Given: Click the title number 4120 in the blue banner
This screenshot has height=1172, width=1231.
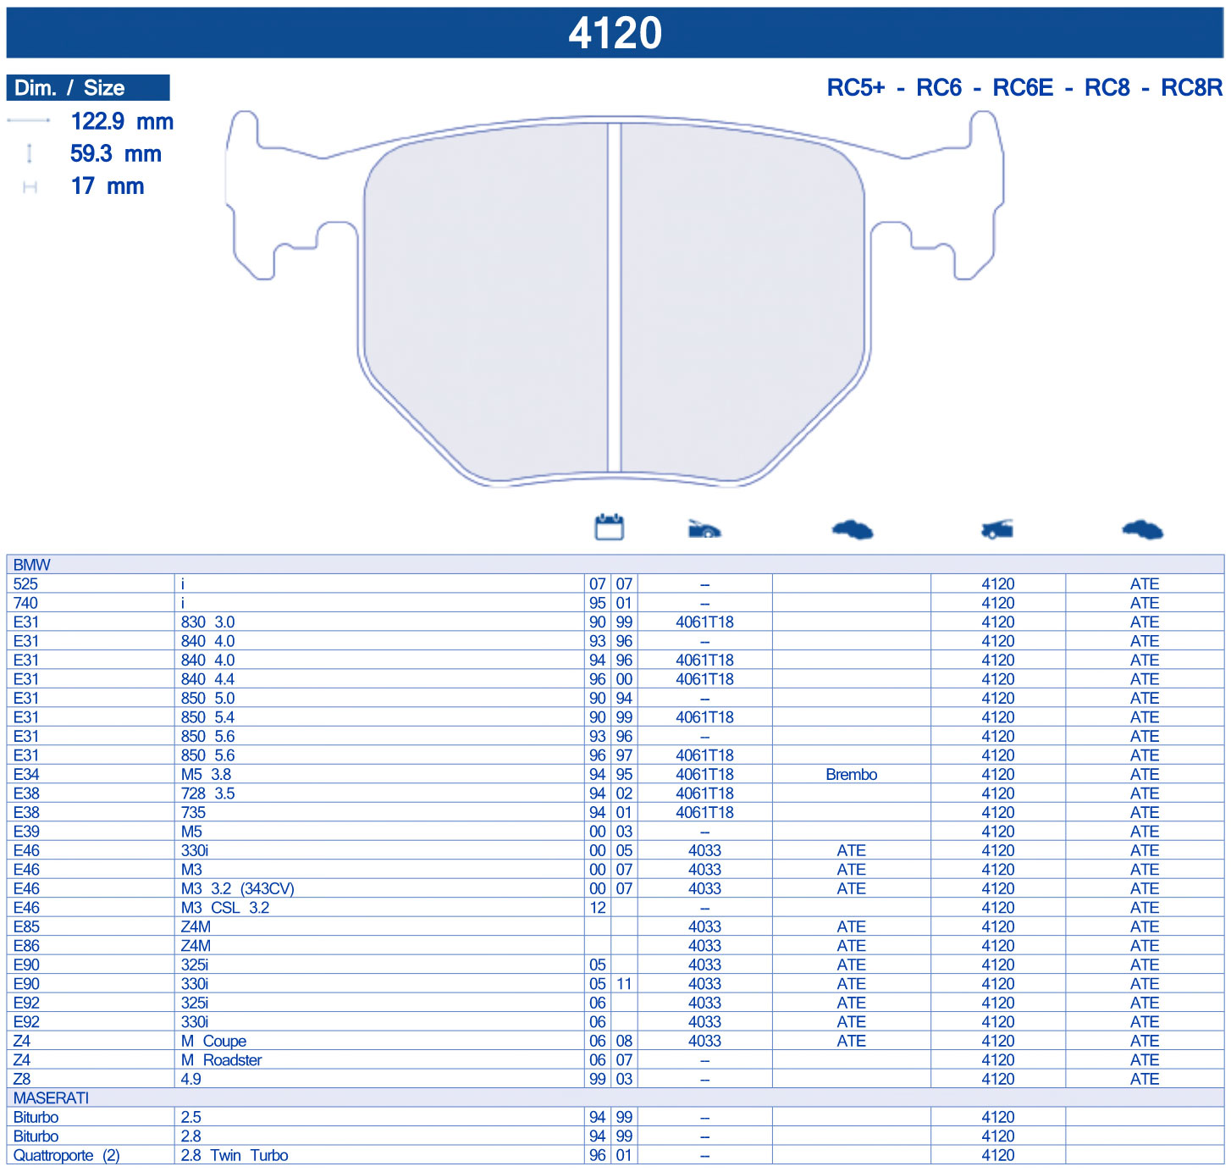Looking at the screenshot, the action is pyautogui.click(x=615, y=32).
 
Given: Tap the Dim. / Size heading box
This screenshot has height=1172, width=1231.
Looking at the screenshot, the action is pyautogui.click(x=88, y=88).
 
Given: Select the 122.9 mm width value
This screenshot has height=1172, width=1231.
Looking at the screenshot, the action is pyautogui.click(x=122, y=121).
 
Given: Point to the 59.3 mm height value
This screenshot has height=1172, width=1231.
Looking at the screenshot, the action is pyautogui.click(x=116, y=153).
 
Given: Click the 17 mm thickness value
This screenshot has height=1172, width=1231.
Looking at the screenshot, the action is pyautogui.click(x=107, y=186).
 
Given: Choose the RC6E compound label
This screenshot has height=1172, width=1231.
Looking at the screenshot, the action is pyautogui.click(x=1023, y=88).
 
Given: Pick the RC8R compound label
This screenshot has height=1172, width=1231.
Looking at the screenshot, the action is pyautogui.click(x=1191, y=88).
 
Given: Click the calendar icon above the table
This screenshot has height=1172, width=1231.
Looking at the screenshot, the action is pyautogui.click(x=610, y=527).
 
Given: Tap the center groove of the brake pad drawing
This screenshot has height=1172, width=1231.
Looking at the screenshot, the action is pyautogui.click(x=615, y=297).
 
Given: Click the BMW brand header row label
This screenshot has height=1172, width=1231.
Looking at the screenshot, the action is pyautogui.click(x=32, y=564).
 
